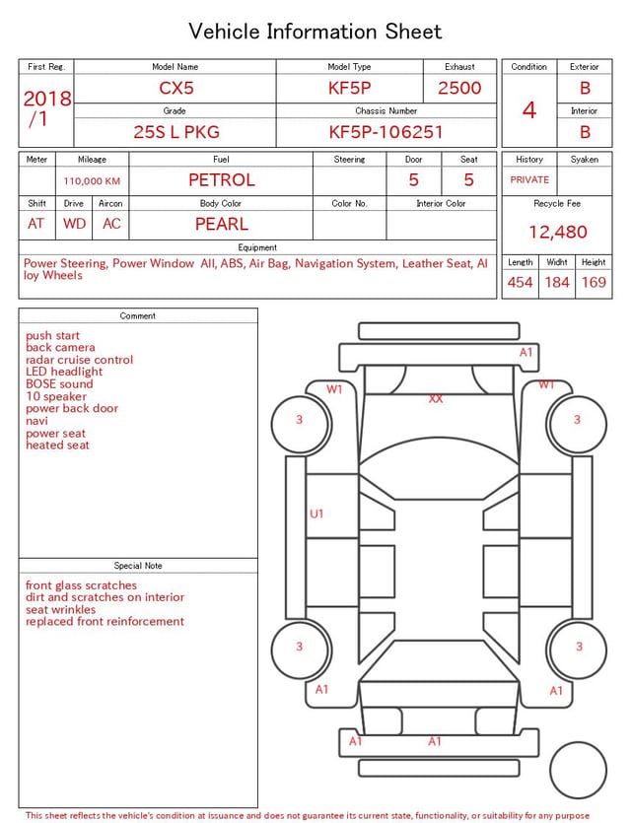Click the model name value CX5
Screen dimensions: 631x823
coord(176,88)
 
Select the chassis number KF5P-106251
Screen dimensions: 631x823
coord(386,132)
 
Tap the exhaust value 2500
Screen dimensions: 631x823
coord(459,88)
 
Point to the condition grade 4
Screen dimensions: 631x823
coord(529,110)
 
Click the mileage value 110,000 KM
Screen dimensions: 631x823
coord(92,181)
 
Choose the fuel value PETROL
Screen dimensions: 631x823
coord(222,180)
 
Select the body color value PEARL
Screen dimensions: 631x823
coord(222,224)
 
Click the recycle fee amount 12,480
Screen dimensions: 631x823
coord(557,232)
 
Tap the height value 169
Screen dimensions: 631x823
coord(594,282)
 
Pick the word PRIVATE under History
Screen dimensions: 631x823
coord(529,179)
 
